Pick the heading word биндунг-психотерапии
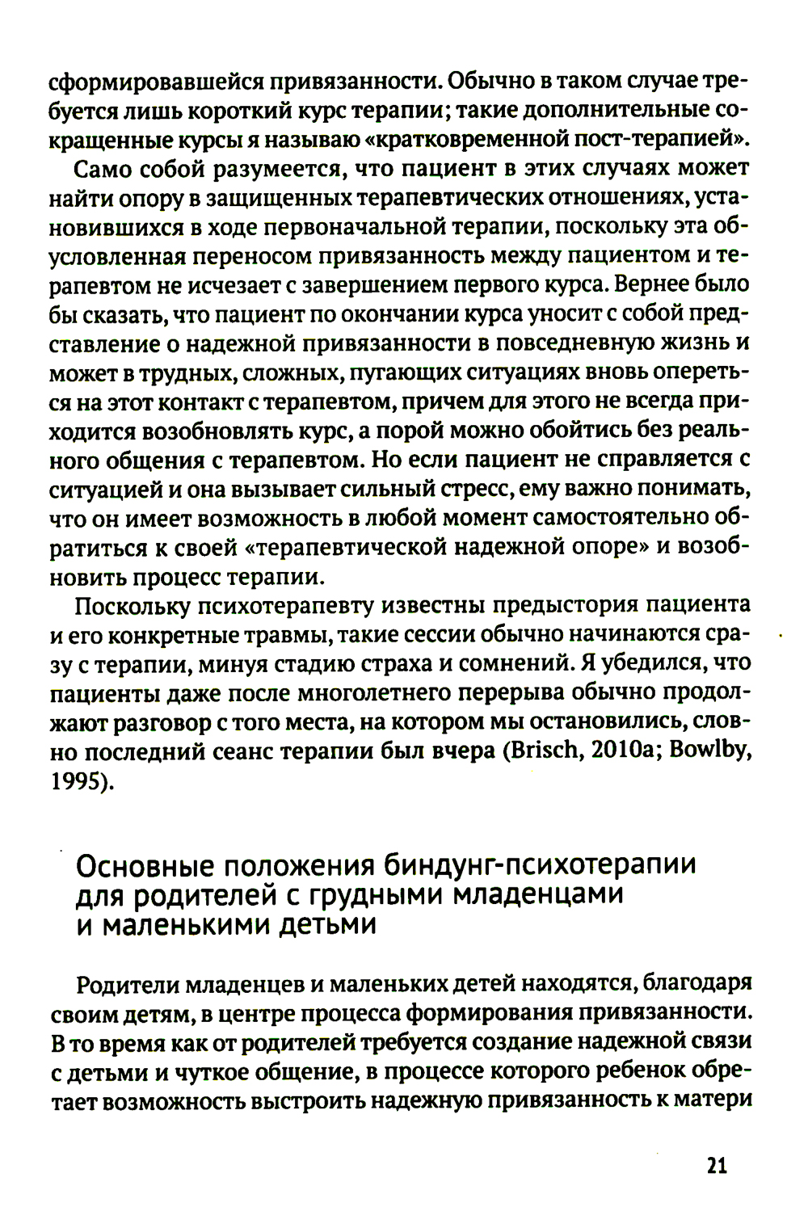(x=539, y=865)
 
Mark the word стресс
(x=466, y=489)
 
